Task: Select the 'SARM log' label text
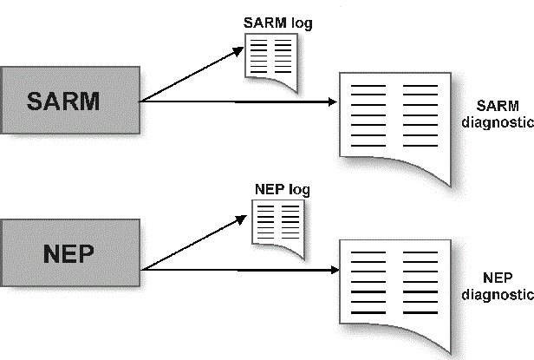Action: point(277,23)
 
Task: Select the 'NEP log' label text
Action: point(281,189)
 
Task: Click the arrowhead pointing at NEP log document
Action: point(245,217)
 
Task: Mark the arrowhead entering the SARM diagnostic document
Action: point(332,102)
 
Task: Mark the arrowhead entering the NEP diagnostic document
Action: point(332,270)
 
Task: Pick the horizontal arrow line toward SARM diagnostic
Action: point(234,102)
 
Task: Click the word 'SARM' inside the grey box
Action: point(64,101)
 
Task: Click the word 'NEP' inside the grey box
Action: point(68,254)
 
